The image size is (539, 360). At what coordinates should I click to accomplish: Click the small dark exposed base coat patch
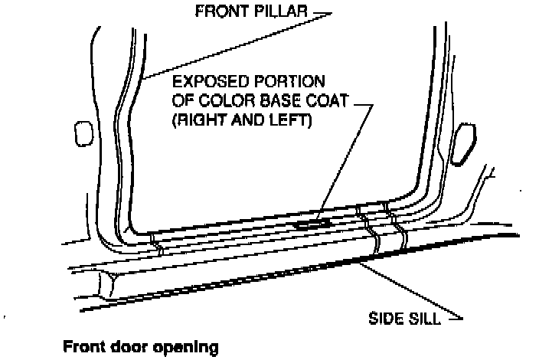pyautogui.click(x=312, y=224)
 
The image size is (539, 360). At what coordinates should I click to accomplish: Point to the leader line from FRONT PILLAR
pyautogui.click(x=230, y=44)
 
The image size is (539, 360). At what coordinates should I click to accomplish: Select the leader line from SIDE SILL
pyautogui.click(x=413, y=291)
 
